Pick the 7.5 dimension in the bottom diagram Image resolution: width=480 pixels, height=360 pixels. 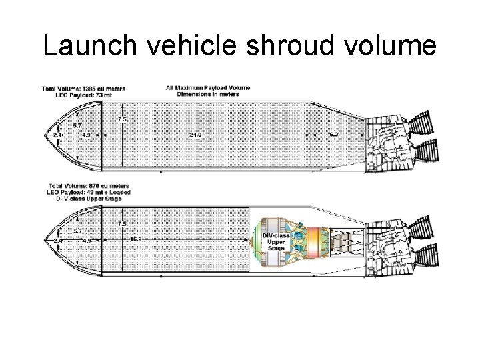coord(122,224)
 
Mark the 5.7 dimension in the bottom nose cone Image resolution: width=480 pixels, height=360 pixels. coord(77,231)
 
